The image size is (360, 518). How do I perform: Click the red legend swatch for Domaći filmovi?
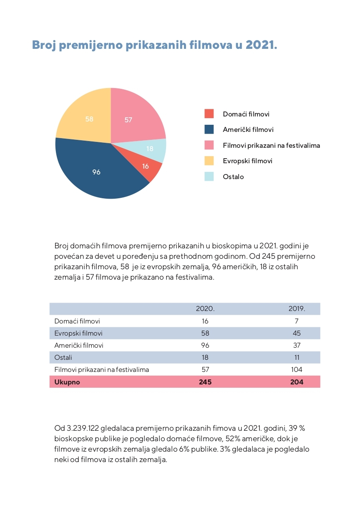tap(209, 114)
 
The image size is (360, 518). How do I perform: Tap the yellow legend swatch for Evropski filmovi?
tap(209, 161)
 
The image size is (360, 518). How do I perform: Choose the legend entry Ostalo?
tap(233, 177)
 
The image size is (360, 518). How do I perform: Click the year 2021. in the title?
tap(262, 45)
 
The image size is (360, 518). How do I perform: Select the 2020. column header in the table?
tap(205, 309)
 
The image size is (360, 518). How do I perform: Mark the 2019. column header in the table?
tap(297, 309)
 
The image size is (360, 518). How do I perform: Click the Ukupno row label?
tap(67, 382)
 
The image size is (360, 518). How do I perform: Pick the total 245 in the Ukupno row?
tap(205, 382)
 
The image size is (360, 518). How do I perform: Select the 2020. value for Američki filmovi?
tap(205, 345)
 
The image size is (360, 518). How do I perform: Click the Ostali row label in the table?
tap(63, 357)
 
